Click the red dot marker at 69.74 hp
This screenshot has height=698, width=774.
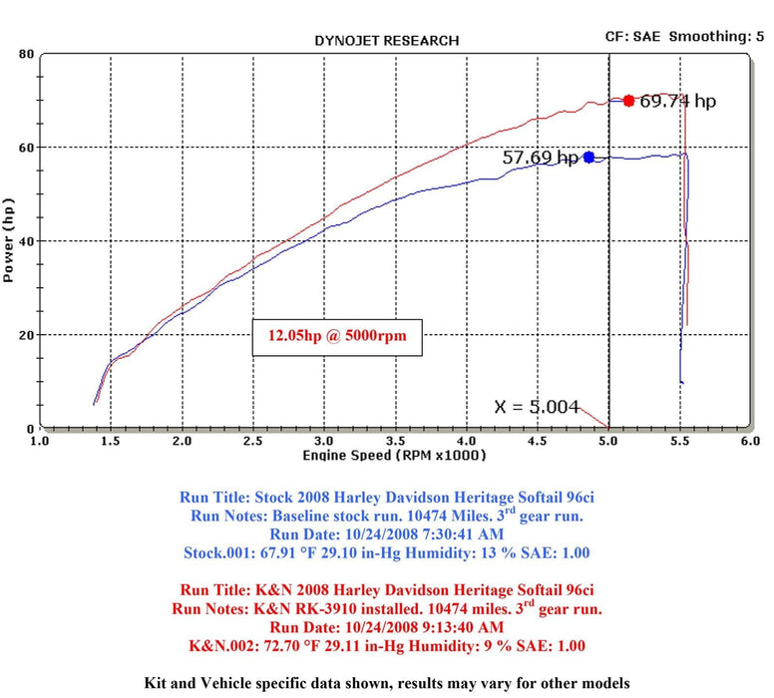pos(628,100)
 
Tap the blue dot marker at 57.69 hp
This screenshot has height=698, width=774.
pos(588,157)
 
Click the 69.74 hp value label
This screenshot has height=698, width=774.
pos(678,101)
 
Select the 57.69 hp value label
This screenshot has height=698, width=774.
pos(540,158)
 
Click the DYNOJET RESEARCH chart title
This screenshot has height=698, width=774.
pos(386,41)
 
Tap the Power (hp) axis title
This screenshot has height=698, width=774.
pos(9,240)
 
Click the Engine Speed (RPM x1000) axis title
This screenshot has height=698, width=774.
pos(394,455)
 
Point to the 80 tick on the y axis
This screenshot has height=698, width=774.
pos(26,54)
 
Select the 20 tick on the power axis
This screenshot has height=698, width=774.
pos(26,335)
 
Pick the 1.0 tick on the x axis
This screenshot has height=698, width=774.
pos(40,440)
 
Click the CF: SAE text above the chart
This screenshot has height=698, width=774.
pos(632,36)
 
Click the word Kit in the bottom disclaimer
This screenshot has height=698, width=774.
pos(161,683)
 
